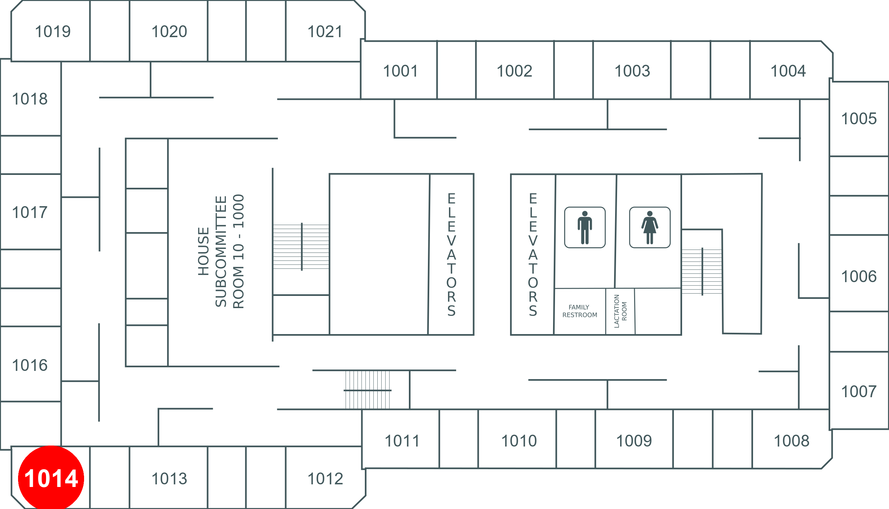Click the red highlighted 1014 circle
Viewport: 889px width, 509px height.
click(51, 478)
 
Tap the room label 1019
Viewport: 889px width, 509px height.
click(53, 32)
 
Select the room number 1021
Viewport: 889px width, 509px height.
click(325, 32)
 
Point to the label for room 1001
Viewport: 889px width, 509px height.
click(400, 71)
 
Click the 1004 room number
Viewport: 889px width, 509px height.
click(788, 71)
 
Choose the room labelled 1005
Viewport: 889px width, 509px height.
click(858, 118)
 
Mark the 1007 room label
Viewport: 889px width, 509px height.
click(858, 391)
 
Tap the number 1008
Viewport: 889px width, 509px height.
click(791, 441)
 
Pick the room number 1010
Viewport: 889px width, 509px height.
click(519, 441)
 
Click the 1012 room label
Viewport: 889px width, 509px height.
click(325, 479)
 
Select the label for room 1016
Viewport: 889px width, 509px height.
click(30, 365)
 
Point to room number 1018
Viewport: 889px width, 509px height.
click(30, 99)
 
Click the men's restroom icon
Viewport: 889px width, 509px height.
click(585, 227)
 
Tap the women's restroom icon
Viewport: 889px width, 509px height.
click(650, 227)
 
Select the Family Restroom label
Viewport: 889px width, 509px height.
click(580, 311)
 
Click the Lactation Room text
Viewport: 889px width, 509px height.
click(620, 311)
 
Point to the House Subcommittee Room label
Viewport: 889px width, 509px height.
click(221, 251)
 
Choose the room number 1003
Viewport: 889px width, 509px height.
click(632, 71)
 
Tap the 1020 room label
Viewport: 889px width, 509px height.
click(169, 32)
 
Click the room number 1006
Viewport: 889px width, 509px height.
click(858, 276)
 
